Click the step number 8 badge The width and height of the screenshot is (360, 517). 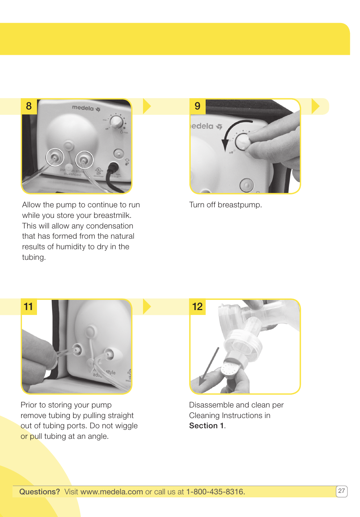pos(29,106)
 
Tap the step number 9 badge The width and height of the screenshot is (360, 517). pos(197,106)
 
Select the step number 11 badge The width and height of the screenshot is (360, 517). pos(29,306)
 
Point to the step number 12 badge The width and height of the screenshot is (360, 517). pos(197,306)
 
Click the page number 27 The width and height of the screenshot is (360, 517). pos(342,491)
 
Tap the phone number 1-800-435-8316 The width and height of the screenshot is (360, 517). pos(215,492)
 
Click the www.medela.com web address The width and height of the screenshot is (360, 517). pos(111,492)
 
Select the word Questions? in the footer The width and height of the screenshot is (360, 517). pos(40,492)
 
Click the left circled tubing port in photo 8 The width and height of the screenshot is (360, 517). pos(55,157)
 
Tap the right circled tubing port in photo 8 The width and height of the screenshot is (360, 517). pos(84,160)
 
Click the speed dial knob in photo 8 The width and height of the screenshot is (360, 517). pos(116,122)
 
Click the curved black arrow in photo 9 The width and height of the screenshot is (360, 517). pos(231,134)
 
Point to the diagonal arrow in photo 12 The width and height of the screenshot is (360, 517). pos(209,366)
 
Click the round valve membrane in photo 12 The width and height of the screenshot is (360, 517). pos(229,369)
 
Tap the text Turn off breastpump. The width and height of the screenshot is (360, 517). pos(225,205)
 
